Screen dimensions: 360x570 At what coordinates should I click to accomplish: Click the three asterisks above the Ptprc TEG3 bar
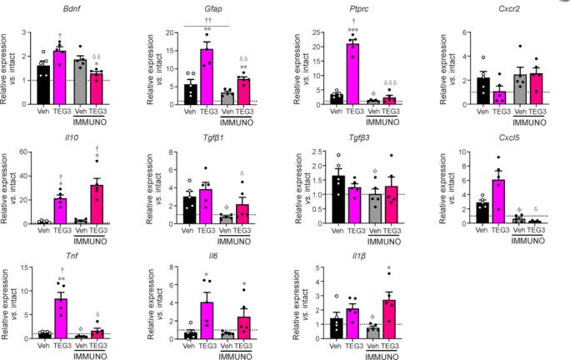point(327,32)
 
